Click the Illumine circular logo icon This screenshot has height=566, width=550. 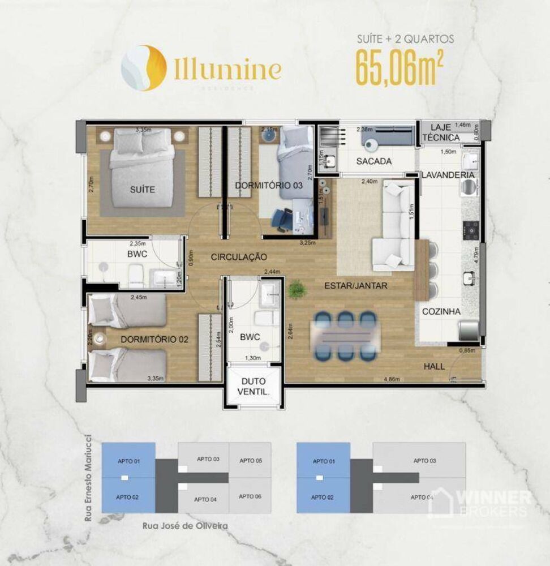[144, 68]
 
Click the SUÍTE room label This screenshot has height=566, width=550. [142, 190]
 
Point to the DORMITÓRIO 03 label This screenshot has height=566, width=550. [268, 185]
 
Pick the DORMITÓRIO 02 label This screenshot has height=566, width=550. [154, 340]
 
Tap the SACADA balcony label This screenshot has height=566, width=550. [373, 161]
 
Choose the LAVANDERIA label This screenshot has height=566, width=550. [448, 175]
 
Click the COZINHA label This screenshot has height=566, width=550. [441, 311]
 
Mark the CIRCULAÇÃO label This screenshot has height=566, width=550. [238, 257]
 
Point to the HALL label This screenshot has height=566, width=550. [434, 367]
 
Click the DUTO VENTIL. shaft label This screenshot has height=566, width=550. [253, 386]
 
